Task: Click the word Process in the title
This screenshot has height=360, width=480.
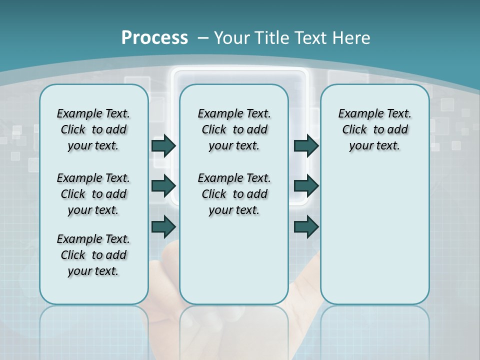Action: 154,37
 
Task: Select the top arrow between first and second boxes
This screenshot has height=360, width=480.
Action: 163,145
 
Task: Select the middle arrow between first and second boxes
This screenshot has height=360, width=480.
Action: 163,186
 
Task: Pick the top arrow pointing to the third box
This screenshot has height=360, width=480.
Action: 306,145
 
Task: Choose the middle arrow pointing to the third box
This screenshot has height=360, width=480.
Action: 306,186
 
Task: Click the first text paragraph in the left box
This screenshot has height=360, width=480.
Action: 93,129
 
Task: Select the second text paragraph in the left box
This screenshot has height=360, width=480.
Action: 93,194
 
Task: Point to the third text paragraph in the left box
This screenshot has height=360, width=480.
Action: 93,255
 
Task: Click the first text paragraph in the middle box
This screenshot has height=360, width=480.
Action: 234,129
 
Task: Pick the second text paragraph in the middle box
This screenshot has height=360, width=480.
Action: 234,194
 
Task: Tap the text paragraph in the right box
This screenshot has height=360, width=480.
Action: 374,129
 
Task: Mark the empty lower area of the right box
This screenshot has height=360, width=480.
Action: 374,235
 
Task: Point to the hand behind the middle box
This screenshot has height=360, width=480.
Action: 305,280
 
